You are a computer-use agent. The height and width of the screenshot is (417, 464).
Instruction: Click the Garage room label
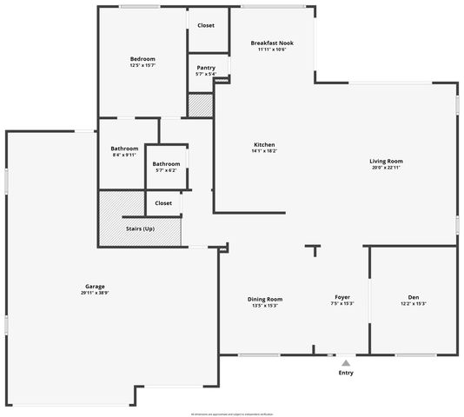pyautogui.click(x=96, y=287)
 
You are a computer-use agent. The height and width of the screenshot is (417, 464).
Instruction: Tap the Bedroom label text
pyautogui.click(x=130, y=59)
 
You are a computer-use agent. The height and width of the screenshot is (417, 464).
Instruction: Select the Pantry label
pyautogui.click(x=206, y=68)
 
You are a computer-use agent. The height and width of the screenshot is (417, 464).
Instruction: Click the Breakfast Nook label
pyautogui.click(x=272, y=43)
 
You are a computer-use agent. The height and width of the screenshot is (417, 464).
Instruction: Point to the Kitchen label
pyautogui.click(x=264, y=144)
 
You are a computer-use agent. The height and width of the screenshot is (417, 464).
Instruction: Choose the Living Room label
pyautogui.click(x=386, y=161)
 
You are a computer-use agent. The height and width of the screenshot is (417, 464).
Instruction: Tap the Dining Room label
pyautogui.click(x=264, y=299)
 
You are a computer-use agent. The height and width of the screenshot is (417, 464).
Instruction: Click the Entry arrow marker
pyautogui.click(x=346, y=362)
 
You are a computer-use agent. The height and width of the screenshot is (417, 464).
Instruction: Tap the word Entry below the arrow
pyautogui.click(x=346, y=373)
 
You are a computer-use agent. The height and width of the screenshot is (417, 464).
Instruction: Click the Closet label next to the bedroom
pyautogui.click(x=206, y=25)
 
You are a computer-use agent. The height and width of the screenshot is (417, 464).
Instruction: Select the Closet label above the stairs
pyautogui.click(x=163, y=202)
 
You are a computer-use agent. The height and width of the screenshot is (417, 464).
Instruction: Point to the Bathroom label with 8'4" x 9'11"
pyautogui.click(x=124, y=149)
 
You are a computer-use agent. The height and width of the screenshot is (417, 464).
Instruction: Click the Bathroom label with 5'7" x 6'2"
pyautogui.click(x=166, y=163)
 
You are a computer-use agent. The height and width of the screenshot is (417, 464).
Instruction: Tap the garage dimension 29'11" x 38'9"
pyautogui.click(x=96, y=293)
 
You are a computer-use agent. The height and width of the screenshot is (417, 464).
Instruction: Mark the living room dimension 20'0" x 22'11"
pyautogui.click(x=386, y=167)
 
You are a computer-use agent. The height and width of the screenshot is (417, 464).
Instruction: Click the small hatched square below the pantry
pyautogui.click(x=201, y=104)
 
